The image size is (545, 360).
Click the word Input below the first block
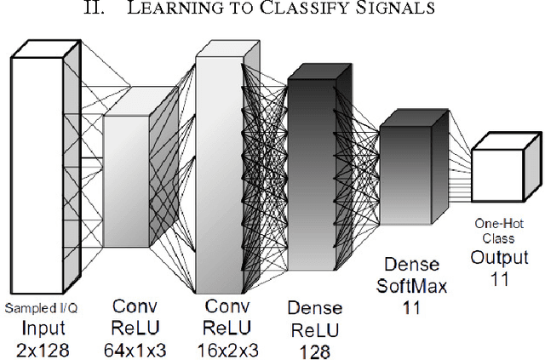40,327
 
